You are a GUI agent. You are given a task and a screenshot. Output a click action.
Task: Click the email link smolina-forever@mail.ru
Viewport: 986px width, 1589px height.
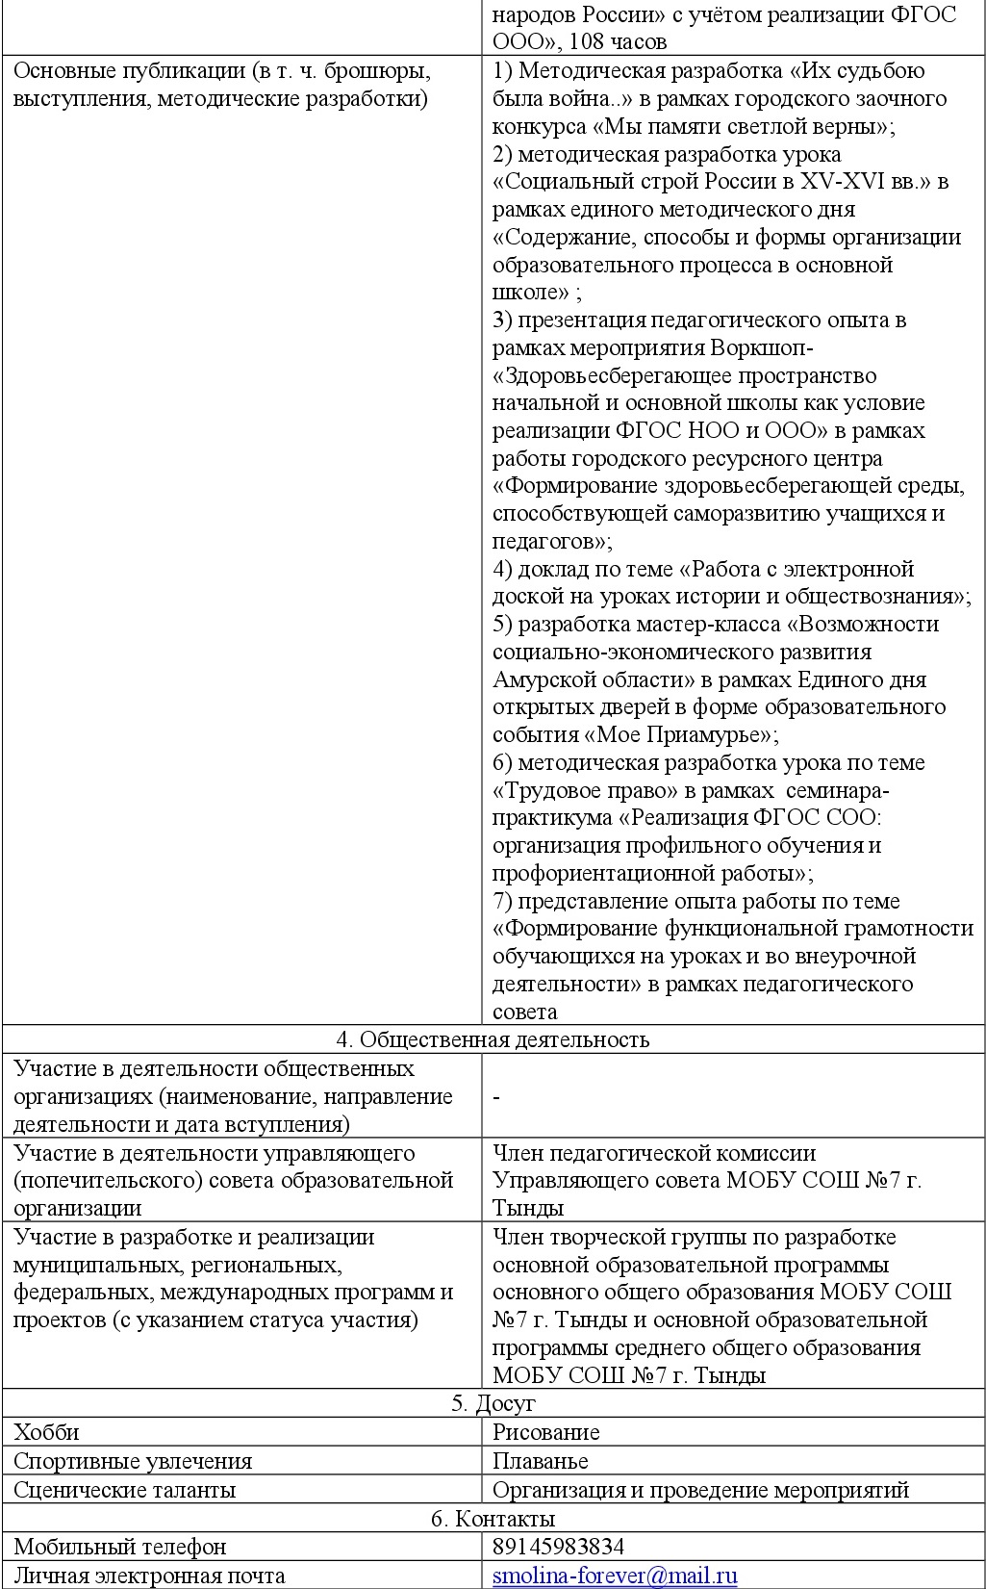click(x=615, y=1576)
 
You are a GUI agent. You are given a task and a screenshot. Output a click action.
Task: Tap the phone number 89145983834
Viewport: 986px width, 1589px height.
click(x=558, y=1547)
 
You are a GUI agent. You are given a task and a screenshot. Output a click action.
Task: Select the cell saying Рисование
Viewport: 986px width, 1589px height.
click(x=545, y=1432)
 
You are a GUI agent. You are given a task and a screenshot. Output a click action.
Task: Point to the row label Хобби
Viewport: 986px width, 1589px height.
click(x=46, y=1432)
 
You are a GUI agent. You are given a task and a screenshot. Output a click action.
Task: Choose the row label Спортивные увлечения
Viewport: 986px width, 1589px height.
click(x=132, y=1461)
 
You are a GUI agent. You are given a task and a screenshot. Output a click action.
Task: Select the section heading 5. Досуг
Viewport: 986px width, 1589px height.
click(x=493, y=1403)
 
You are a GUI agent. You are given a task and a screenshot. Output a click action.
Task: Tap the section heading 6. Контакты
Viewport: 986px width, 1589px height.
click(x=493, y=1519)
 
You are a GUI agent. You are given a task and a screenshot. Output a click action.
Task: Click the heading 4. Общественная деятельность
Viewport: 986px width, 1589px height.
click(x=493, y=1039)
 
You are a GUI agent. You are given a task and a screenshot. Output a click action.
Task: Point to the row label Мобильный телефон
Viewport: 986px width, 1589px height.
click(x=119, y=1547)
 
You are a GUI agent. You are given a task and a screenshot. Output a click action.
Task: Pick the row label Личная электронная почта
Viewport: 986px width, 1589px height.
click(x=149, y=1576)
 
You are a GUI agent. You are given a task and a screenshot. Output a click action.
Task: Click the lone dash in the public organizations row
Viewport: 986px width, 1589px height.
click(x=496, y=1097)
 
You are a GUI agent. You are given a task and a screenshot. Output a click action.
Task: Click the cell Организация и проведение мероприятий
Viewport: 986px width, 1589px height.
click(x=700, y=1490)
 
